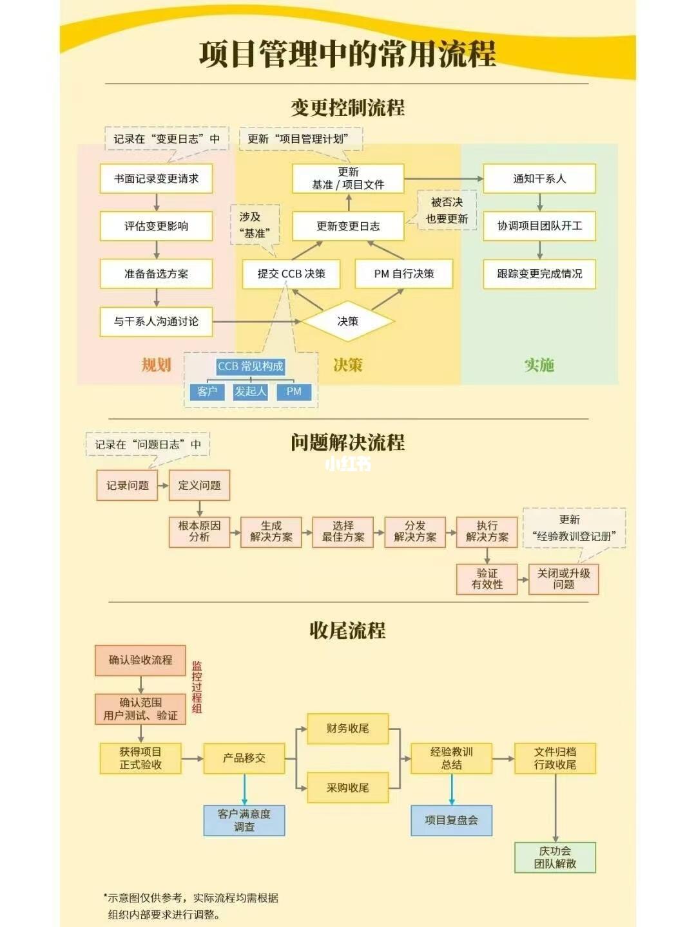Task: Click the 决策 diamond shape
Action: [347, 321]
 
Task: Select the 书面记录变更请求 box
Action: [156, 178]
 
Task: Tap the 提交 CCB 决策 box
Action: [291, 274]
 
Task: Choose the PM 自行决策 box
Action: [404, 274]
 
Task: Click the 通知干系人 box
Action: [539, 178]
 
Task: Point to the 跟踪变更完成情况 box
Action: [539, 274]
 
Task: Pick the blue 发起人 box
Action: [250, 391]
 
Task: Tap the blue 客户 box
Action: [207, 391]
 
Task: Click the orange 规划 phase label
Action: [156, 365]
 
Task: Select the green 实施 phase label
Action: [539, 365]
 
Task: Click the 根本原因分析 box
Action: [199, 531]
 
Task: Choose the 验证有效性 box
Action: [487, 579]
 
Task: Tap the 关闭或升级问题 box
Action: [563, 579]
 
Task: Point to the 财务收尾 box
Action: [347, 729]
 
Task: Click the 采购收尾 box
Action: [347, 787]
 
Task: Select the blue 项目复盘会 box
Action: [451, 820]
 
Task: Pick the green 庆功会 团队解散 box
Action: [555, 857]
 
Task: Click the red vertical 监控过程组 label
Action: [197, 687]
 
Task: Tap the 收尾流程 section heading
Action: [347, 630]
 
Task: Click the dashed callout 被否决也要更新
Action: [447, 211]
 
